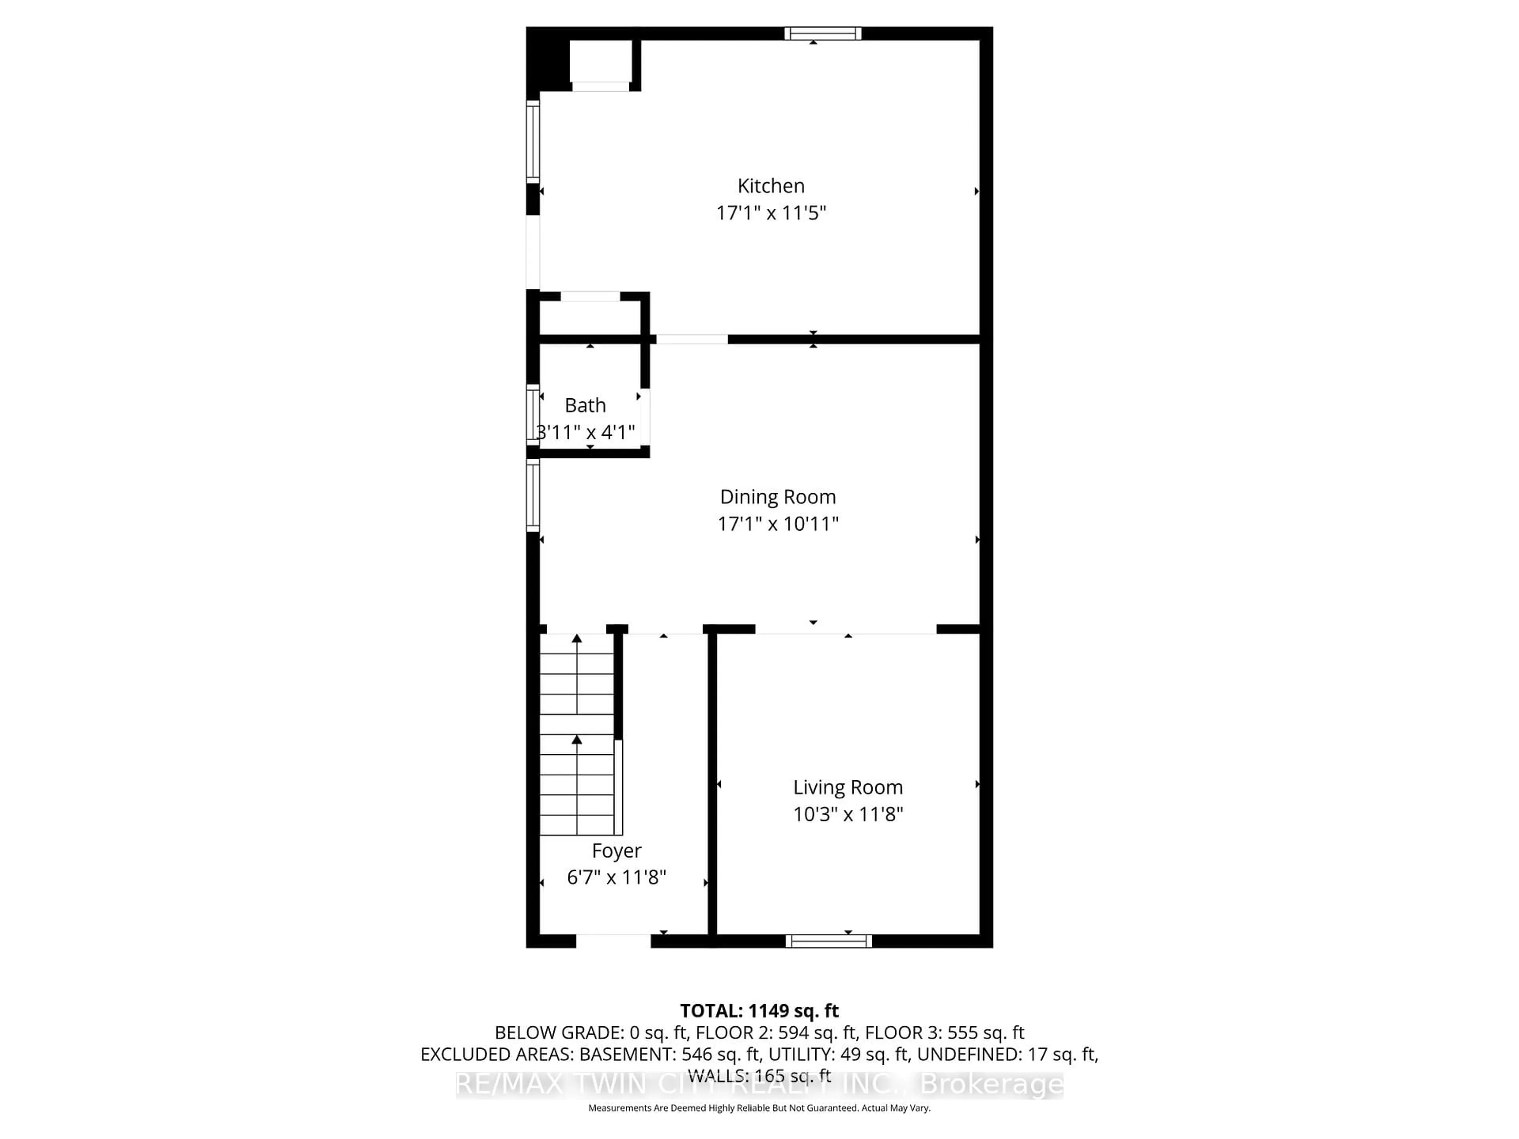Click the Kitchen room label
click(771, 186)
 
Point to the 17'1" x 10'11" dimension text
click(777, 524)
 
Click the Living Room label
click(847, 787)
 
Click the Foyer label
click(616, 851)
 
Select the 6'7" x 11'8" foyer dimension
click(616, 878)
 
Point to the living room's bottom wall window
click(828, 941)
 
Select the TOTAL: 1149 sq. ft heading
click(759, 1010)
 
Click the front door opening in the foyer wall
click(612, 941)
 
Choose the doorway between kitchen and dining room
click(691, 339)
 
